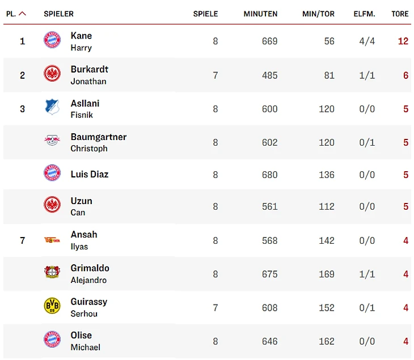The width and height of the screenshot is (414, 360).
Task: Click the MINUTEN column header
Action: point(260,14)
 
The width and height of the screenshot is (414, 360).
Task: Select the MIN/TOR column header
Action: point(318,14)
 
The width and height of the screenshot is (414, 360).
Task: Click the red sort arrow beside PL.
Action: point(23,14)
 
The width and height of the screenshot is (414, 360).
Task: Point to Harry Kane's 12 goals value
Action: point(403,41)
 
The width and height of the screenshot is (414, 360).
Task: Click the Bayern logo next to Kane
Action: point(52,40)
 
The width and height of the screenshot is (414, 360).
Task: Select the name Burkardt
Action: point(89,69)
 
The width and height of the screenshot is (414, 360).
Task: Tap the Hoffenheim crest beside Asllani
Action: point(52,107)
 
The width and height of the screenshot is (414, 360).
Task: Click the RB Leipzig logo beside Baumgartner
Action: point(52,140)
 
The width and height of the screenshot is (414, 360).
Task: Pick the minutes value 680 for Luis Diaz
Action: point(269,175)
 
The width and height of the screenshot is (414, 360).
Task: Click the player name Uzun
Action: point(81,201)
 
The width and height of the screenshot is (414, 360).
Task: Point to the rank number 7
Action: point(23,240)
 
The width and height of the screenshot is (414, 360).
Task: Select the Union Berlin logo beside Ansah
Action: point(52,240)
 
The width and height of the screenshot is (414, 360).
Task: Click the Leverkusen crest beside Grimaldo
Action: point(52,273)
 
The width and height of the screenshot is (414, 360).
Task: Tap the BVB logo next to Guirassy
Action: point(52,306)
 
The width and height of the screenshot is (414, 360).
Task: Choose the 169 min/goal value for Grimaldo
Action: point(326,274)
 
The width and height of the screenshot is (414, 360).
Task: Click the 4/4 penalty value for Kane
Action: point(367,41)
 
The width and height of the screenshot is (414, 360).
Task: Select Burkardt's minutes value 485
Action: point(269,75)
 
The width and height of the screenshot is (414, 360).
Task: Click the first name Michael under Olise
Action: point(85,347)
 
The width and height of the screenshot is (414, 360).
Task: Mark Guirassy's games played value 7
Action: point(215,308)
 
